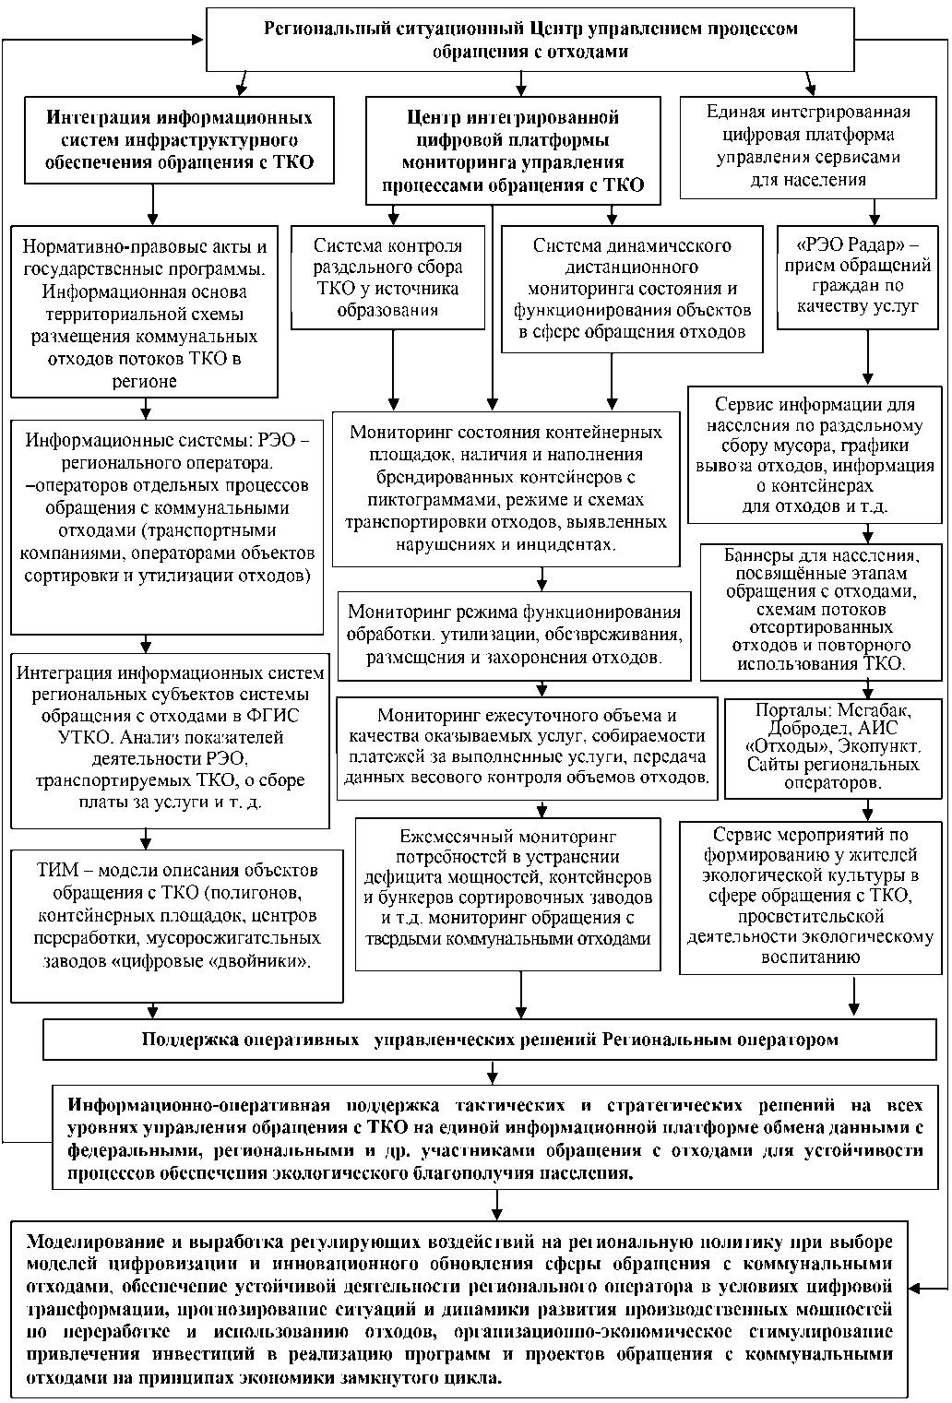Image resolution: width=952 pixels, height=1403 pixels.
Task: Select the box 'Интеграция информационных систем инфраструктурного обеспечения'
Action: pyautogui.click(x=179, y=141)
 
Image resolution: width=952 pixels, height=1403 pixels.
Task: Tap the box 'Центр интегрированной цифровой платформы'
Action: pyautogui.click(x=513, y=150)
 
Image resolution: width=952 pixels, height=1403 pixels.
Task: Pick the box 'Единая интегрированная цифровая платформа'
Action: pyautogui.click(x=808, y=146)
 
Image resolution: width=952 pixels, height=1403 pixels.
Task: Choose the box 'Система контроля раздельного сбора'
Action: pyautogui.click(x=387, y=277)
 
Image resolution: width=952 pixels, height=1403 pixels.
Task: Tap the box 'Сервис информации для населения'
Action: pyautogui.click(x=815, y=456)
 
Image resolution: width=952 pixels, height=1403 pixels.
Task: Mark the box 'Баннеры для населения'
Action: pyautogui.click(x=821, y=611)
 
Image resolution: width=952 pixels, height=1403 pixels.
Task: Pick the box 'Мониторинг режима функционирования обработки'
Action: pyautogui.click(x=514, y=635)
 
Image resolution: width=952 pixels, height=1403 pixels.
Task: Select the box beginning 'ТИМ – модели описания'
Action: pyautogui.click(x=177, y=926)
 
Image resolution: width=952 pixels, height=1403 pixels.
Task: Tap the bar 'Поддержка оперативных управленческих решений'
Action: pyautogui.click(x=489, y=1040)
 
